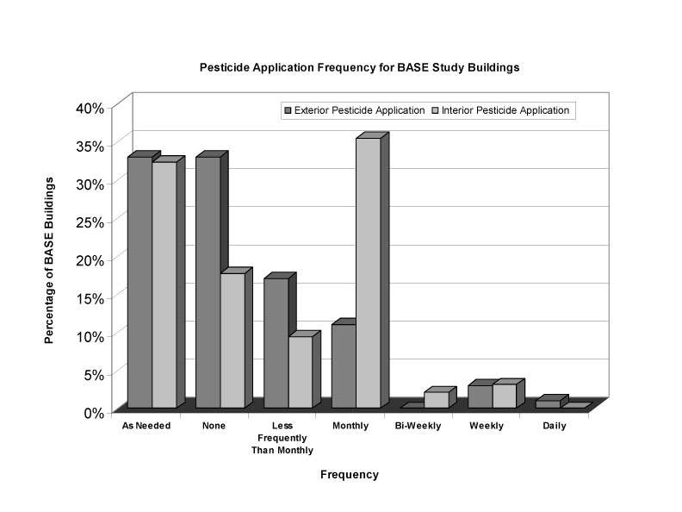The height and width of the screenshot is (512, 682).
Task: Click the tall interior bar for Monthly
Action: [x=368, y=273]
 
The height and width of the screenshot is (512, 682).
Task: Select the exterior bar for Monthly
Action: [x=344, y=366]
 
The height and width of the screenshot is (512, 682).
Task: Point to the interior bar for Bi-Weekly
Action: [x=436, y=400]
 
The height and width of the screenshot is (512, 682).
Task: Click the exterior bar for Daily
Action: [x=547, y=404]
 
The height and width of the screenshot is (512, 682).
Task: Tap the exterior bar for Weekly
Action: [x=480, y=396]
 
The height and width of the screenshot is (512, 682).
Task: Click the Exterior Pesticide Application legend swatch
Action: [x=288, y=110]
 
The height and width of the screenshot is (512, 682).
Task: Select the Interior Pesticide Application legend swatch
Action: [x=435, y=110]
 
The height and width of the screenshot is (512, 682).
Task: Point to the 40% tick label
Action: [x=89, y=108]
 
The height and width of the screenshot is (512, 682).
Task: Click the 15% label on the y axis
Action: [x=89, y=297]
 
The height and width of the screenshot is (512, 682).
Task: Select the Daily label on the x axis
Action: [x=555, y=427]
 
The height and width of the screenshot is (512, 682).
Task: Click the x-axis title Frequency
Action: [x=349, y=475]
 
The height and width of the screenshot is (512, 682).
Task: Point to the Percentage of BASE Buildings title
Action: [x=50, y=260]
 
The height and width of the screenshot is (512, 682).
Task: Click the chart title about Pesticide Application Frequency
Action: [x=359, y=66]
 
